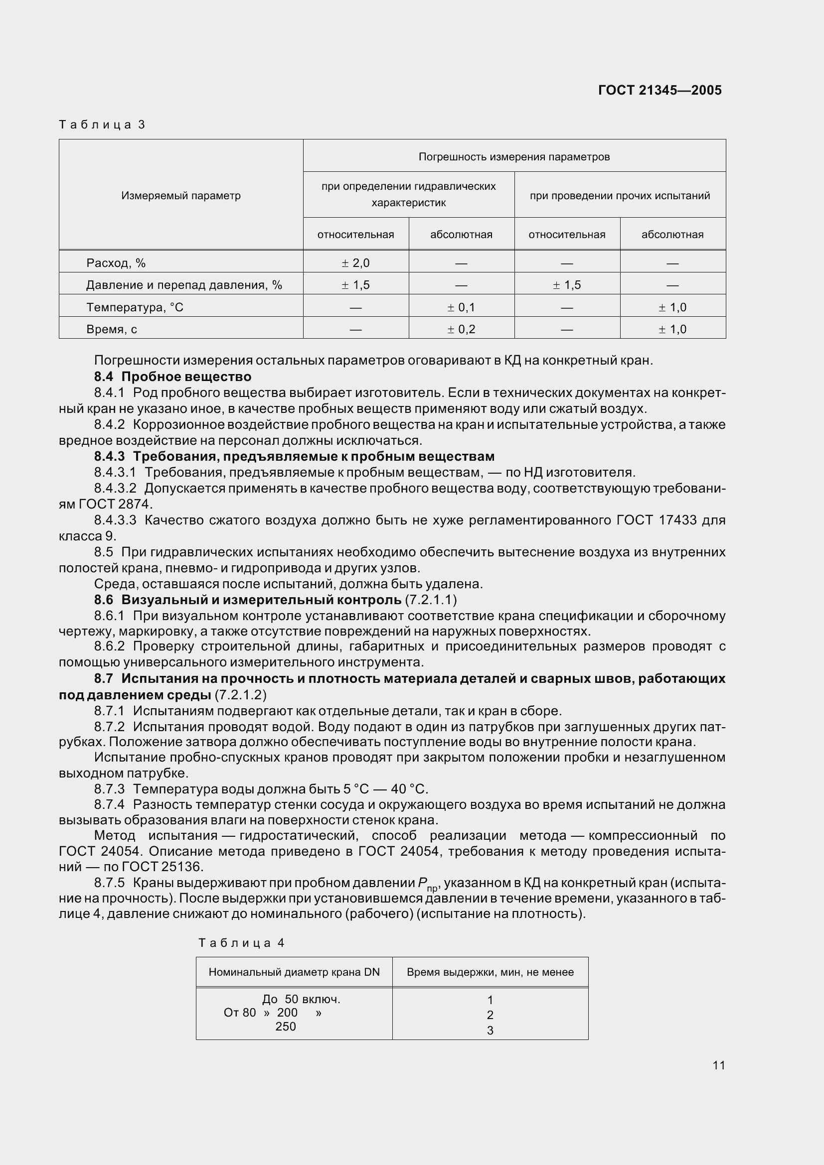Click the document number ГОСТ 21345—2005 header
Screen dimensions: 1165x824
point(659,90)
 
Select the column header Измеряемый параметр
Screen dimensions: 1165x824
point(181,196)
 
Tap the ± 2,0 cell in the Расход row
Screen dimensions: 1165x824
point(355,263)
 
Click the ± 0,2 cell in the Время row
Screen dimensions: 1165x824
point(461,329)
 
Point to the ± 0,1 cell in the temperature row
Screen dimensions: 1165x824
point(461,307)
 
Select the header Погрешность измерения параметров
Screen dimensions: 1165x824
point(514,157)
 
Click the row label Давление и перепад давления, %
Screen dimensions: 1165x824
point(184,285)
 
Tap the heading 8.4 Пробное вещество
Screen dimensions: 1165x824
point(172,377)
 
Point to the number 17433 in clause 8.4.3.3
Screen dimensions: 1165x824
point(678,520)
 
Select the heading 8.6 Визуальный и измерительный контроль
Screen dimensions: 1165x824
point(248,600)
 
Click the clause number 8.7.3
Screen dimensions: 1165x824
point(109,789)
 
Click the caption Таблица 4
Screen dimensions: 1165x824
point(241,943)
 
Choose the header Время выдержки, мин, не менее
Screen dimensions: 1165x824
point(490,972)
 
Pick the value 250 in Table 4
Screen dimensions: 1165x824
point(285,1027)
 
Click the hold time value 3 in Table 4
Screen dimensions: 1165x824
point(490,1031)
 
